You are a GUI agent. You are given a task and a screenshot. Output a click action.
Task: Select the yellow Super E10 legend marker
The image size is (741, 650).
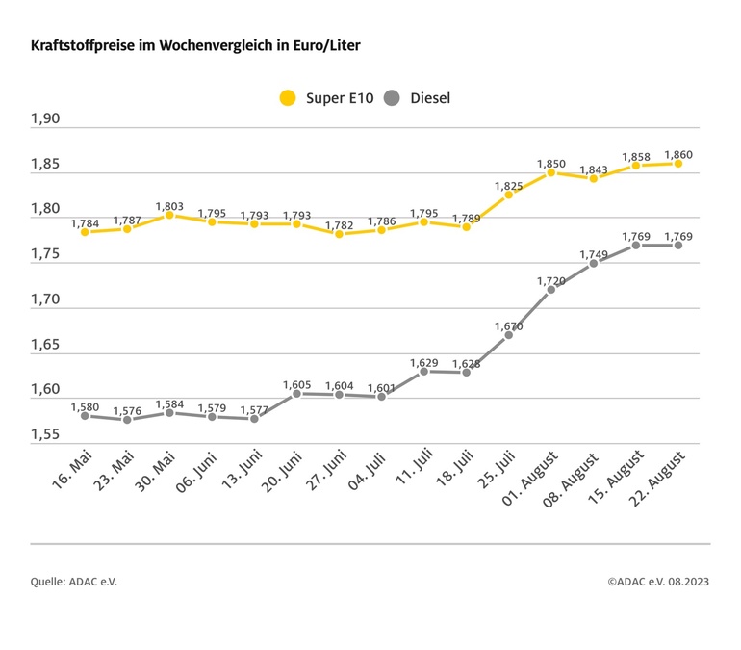point(288,97)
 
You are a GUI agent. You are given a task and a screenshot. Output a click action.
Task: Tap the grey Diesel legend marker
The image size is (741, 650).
point(392,97)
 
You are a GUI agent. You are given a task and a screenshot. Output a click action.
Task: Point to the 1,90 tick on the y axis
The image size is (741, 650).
point(45,119)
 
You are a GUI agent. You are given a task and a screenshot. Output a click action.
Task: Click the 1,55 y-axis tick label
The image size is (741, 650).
point(45,435)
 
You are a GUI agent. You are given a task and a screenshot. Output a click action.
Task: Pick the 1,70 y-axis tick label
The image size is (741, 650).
point(45,299)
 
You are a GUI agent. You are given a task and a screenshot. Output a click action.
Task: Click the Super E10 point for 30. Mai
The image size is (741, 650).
point(169,215)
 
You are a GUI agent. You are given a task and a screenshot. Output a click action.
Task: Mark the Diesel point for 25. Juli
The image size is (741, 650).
point(509,335)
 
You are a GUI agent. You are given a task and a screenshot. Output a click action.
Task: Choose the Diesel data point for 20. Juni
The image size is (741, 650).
point(296,394)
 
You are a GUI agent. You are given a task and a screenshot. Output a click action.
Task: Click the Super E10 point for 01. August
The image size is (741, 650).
point(551,172)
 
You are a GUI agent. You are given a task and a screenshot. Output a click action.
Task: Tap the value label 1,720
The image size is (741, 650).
point(551,280)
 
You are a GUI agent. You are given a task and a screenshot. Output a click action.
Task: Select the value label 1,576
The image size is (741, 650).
point(127,410)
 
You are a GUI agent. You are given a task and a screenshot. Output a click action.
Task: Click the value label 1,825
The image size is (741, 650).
point(509,186)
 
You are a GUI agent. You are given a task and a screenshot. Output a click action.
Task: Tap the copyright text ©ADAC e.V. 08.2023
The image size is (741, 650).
point(658,582)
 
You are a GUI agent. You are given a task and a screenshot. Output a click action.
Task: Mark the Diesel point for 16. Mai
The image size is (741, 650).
point(85,416)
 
